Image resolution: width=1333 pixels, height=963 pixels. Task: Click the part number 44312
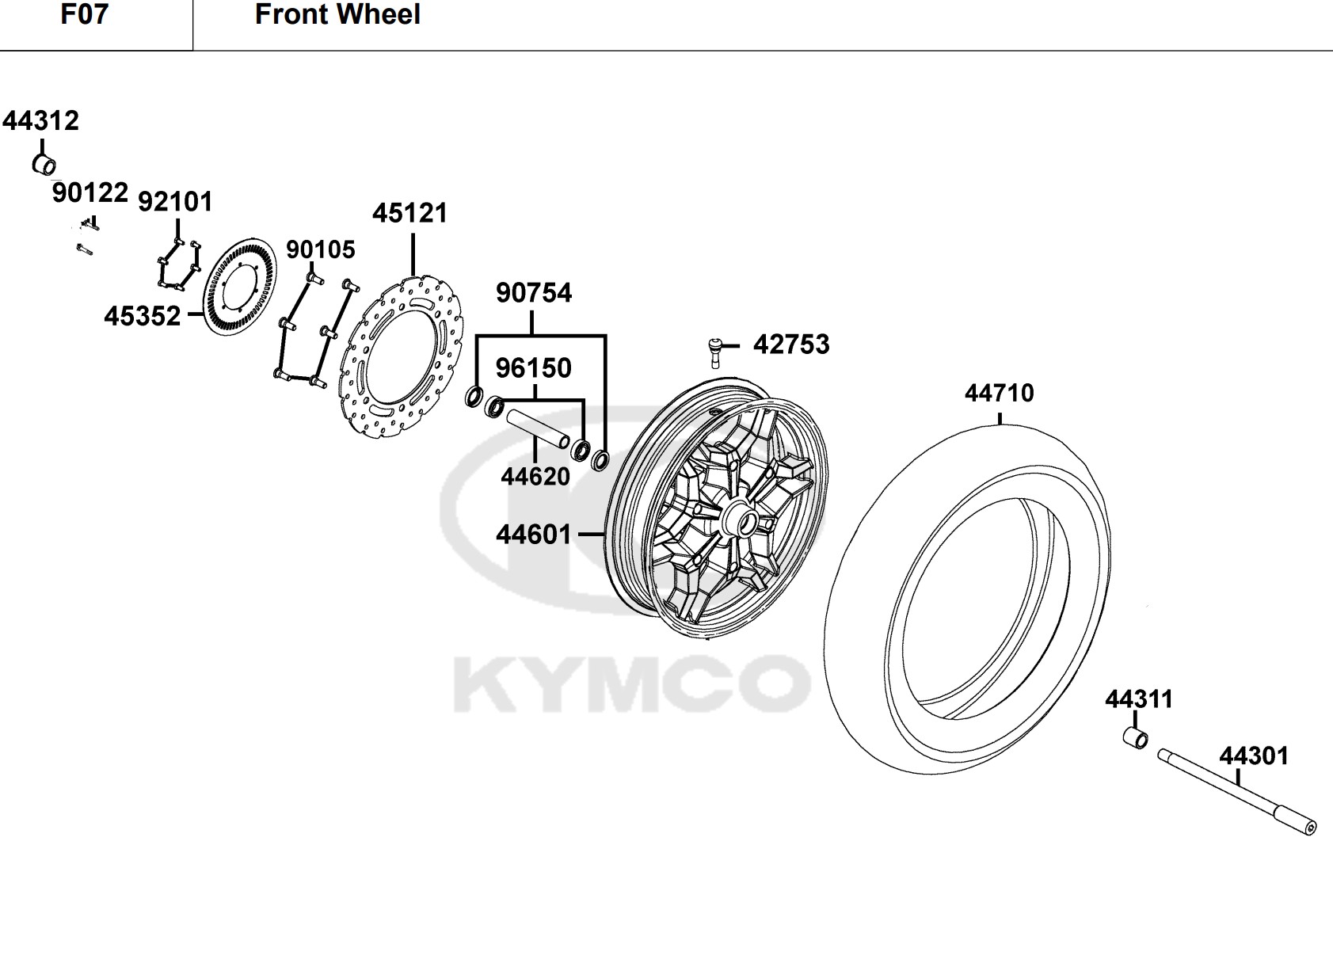click(x=40, y=121)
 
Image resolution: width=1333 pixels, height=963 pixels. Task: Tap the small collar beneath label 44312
click(x=44, y=164)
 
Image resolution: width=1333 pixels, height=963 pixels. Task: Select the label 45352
click(x=143, y=316)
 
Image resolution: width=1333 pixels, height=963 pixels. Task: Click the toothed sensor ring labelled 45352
click(x=240, y=286)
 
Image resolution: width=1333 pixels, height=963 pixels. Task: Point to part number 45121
click(x=410, y=213)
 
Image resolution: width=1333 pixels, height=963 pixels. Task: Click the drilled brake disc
click(x=403, y=357)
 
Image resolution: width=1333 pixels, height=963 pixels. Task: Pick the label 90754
click(x=534, y=293)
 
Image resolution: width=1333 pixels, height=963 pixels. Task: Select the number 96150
click(x=534, y=367)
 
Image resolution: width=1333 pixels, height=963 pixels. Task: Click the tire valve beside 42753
click(x=714, y=352)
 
